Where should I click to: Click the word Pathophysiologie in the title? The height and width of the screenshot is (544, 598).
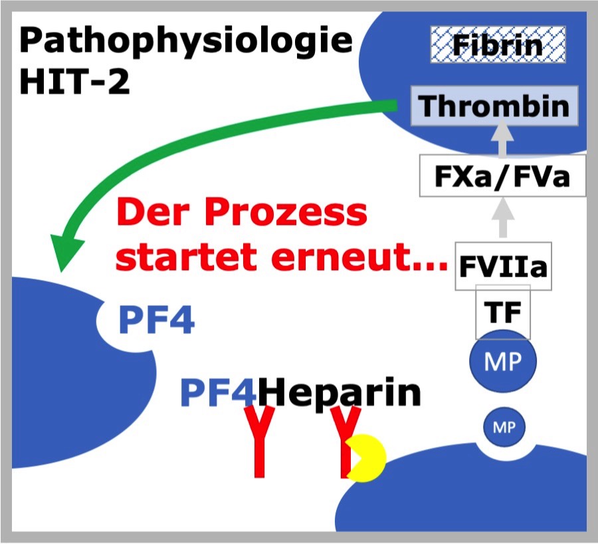click(x=186, y=42)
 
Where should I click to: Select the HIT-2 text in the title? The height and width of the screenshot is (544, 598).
click(x=74, y=81)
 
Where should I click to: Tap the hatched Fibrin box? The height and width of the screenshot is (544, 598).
click(x=498, y=45)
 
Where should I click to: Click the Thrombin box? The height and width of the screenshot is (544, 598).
click(x=494, y=106)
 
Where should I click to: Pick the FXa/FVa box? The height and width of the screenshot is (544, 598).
click(x=502, y=176)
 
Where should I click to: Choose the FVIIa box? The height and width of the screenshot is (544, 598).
click(x=503, y=266)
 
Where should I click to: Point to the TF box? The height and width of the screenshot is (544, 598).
click(x=503, y=312)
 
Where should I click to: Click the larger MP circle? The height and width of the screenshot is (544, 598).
click(x=503, y=361)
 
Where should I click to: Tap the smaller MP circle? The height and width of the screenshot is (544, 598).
click(x=504, y=427)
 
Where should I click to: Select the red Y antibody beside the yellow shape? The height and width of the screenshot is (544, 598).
click(x=345, y=442)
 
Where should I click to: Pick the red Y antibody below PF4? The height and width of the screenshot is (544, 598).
click(x=259, y=442)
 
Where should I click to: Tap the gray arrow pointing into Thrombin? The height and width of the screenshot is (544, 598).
click(x=502, y=138)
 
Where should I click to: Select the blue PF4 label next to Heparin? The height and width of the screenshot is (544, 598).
click(x=218, y=392)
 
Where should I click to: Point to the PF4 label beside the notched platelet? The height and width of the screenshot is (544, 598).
click(x=157, y=320)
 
